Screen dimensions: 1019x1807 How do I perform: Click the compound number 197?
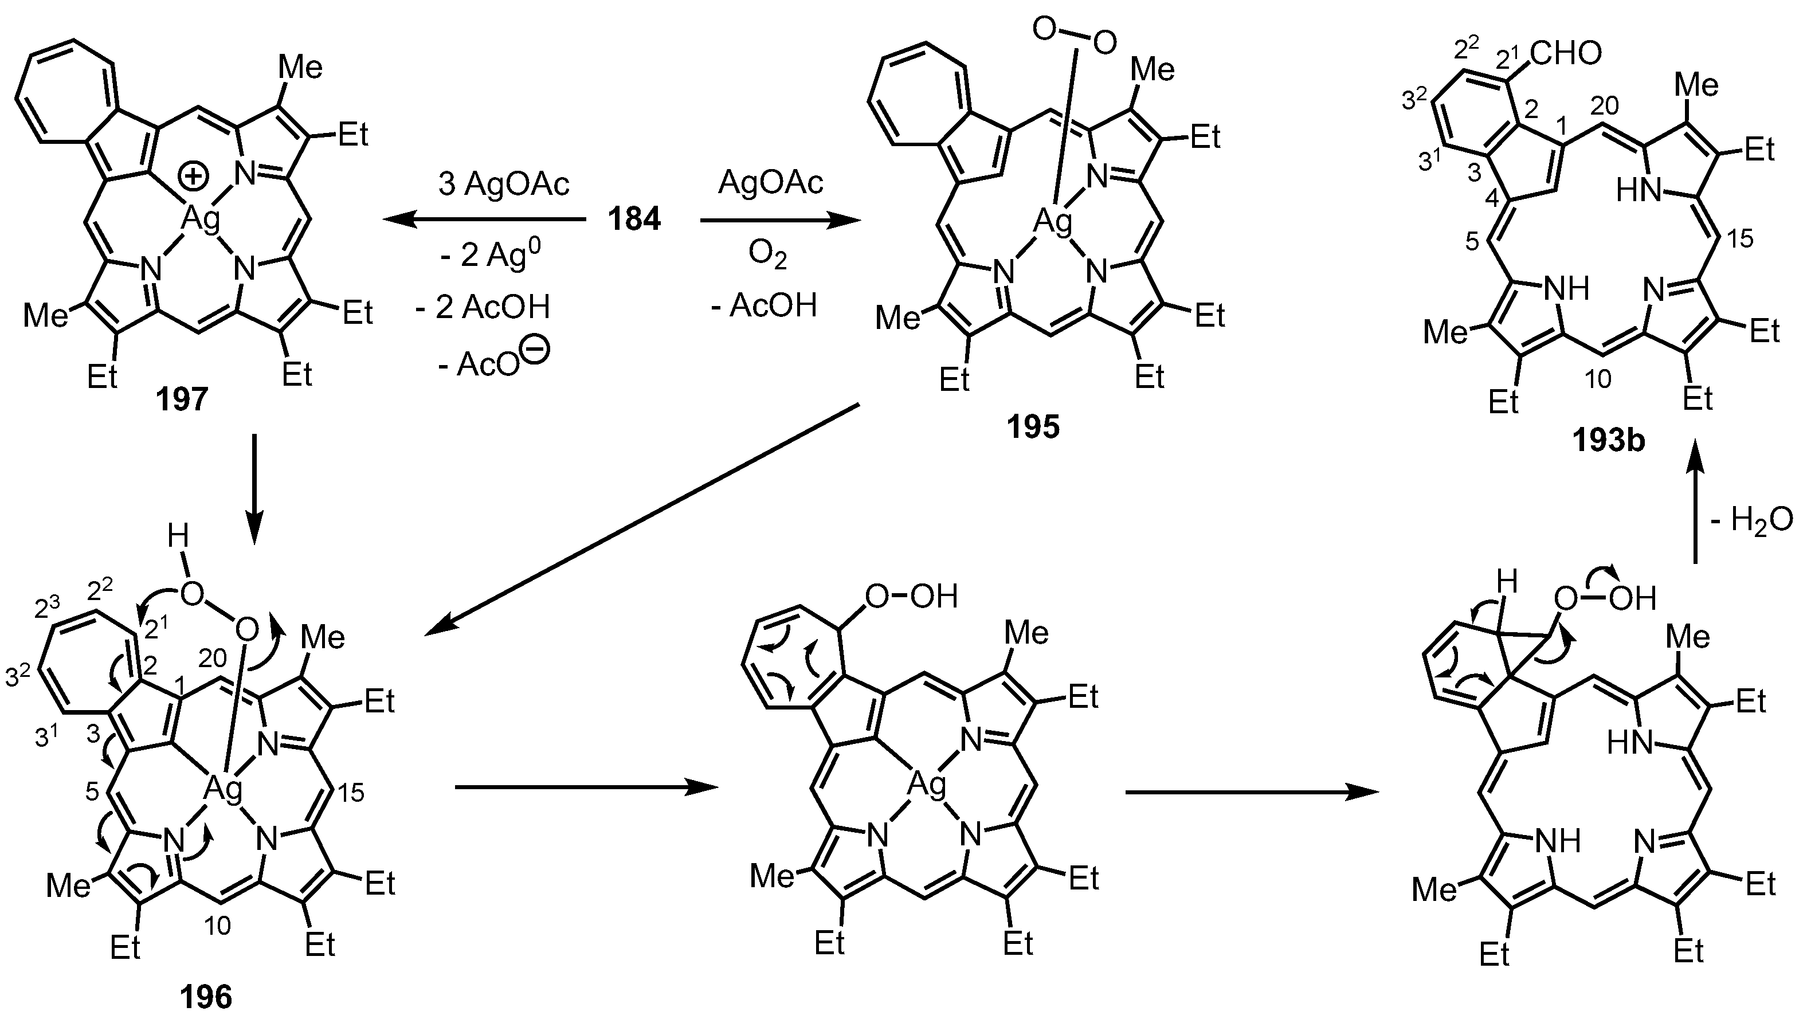(x=182, y=399)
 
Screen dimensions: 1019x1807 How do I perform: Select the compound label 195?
(x=1033, y=427)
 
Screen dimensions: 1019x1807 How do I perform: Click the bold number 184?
(x=634, y=220)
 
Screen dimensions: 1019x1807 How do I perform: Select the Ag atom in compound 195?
(x=1053, y=222)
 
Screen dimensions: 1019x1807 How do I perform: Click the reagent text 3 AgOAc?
(x=504, y=184)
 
